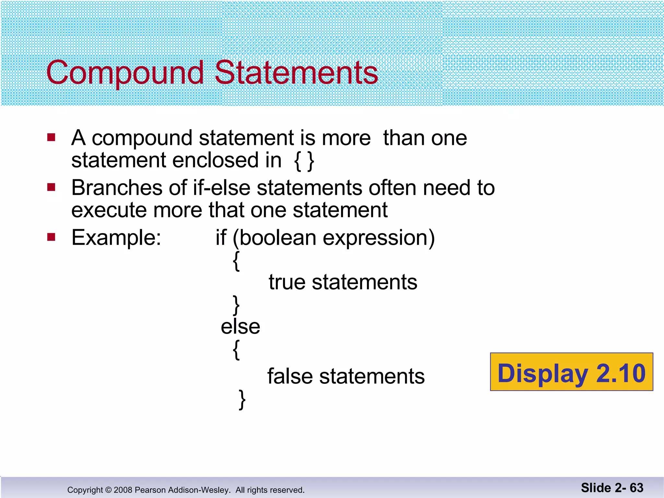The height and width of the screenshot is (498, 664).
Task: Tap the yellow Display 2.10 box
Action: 571,372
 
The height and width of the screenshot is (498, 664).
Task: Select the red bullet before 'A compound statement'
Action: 51,137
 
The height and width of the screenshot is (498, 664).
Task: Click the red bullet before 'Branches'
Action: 51,187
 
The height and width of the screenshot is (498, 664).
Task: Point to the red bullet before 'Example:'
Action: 51,237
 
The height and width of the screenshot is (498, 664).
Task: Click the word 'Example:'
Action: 116,238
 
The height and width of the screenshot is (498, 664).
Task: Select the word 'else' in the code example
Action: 240,326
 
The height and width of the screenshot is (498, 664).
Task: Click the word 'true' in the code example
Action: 287,282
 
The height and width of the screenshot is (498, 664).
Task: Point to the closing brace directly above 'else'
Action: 237,305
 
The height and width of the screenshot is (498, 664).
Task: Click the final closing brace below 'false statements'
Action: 242,399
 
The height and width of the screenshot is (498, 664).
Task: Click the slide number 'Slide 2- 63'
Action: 612,488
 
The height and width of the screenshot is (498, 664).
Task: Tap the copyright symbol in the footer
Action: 108,490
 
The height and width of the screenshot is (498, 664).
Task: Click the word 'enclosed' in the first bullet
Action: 227,160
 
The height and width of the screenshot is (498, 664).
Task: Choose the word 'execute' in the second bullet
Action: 109,210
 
